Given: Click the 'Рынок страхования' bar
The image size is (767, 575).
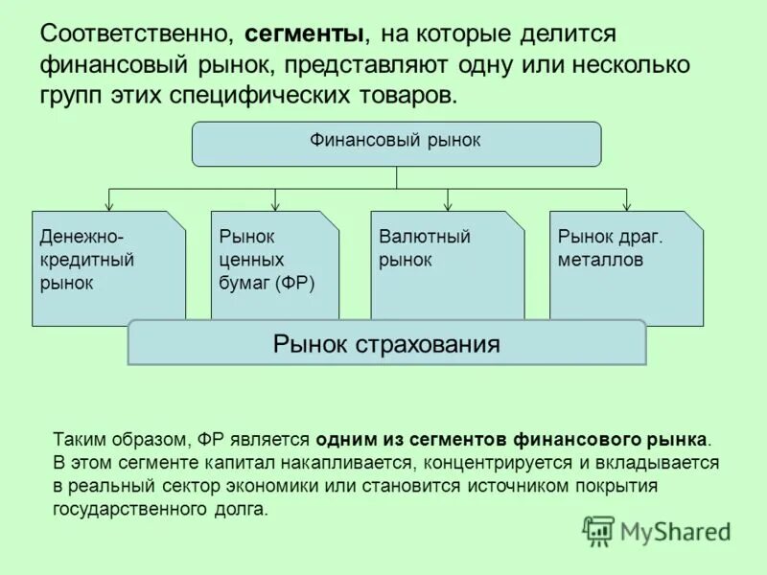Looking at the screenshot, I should [386, 343].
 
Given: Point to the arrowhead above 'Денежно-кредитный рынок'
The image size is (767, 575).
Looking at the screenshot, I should [108, 205].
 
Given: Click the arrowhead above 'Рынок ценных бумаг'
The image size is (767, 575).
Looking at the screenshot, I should [276, 205].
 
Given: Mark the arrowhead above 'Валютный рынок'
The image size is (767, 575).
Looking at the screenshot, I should [448, 205].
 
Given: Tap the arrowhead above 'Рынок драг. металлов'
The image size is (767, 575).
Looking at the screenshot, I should [626, 205].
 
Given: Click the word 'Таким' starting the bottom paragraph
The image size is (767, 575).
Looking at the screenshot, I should [80, 440].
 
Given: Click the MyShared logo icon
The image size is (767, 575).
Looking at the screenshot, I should [598, 530].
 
